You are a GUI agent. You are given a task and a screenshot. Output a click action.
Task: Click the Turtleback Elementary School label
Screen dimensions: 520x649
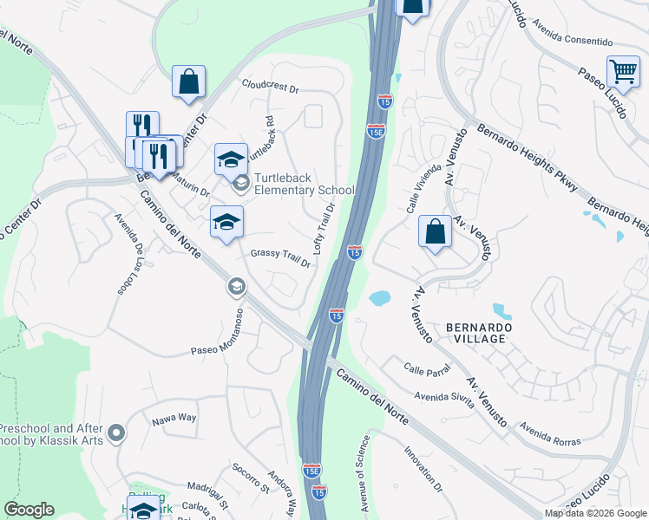tap(304, 184)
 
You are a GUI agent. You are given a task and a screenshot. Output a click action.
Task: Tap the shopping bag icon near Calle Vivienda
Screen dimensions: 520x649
tap(435, 232)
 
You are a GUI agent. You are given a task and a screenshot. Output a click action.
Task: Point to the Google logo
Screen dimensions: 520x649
tap(29, 510)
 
